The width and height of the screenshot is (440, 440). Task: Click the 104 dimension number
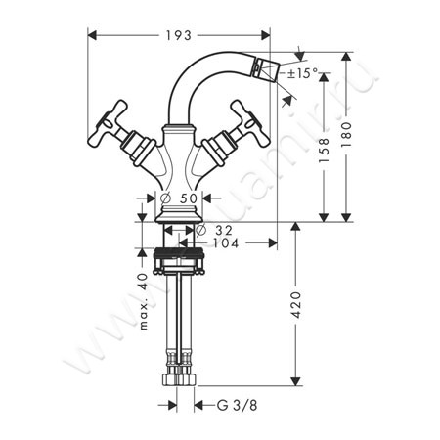click(x=225, y=242)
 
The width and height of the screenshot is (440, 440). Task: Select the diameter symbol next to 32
click(x=199, y=231)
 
